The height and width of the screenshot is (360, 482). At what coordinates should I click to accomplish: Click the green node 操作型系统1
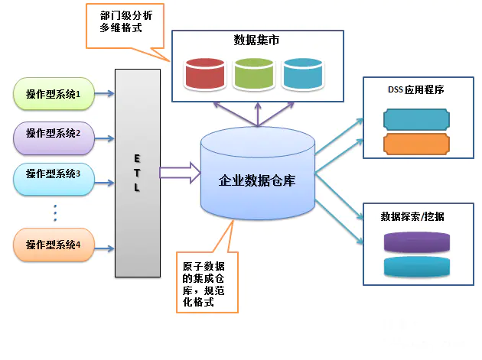pyautogui.click(x=58, y=94)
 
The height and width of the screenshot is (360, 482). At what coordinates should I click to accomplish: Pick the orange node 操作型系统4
pyautogui.click(x=58, y=245)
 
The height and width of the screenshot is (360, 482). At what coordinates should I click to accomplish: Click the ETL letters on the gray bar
pyautogui.click(x=137, y=172)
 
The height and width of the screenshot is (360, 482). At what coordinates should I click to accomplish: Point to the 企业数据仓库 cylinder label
pyautogui.click(x=257, y=181)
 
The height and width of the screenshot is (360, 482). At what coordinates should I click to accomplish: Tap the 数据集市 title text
pyautogui.click(x=256, y=40)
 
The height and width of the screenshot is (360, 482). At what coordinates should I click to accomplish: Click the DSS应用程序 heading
pyautogui.click(x=415, y=89)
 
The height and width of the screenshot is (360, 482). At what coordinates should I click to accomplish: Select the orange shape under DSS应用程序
pyautogui.click(x=415, y=144)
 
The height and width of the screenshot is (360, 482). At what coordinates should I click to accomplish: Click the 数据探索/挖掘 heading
pyautogui.click(x=413, y=216)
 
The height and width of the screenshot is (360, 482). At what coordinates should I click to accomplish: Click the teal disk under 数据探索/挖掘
pyautogui.click(x=415, y=266)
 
